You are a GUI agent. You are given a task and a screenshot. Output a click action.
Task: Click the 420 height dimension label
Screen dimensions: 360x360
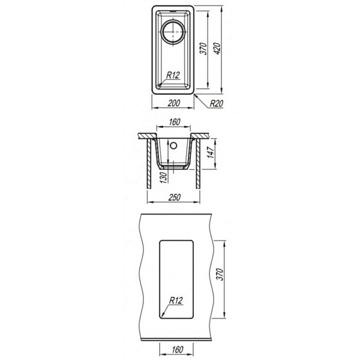pos(217,49)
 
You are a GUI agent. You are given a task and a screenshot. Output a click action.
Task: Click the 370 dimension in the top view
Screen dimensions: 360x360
pos(203,49)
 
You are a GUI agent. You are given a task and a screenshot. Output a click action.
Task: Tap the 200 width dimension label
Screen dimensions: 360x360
pos(174,103)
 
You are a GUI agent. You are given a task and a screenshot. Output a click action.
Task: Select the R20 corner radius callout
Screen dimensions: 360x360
pos(217,104)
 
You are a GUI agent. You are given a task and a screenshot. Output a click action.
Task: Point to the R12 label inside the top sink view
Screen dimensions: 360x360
pos(173,75)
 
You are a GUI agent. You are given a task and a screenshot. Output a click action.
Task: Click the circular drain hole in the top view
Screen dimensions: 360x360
pos(173,32)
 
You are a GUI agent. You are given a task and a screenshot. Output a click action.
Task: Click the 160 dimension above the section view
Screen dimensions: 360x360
pos(175,122)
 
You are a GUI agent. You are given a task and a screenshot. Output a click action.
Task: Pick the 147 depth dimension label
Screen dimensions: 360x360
pos(211,152)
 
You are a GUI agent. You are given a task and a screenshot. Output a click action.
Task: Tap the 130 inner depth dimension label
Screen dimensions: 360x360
pos(163,178)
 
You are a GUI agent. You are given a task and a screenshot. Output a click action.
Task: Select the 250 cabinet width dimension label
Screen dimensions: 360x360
pos(174,197)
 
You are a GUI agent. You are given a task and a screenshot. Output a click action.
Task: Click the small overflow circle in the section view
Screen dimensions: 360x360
pos(173,145)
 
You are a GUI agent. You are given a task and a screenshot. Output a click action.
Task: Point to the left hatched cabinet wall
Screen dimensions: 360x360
pos(149,164)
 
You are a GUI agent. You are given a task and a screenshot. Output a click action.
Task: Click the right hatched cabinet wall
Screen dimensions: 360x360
pos(198,164)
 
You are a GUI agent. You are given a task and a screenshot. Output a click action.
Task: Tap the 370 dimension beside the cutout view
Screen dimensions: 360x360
pos(220,274)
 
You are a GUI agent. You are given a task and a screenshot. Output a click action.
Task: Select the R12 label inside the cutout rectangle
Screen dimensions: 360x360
pos(176,301)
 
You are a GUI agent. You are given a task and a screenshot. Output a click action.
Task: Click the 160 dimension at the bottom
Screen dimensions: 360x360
pos(177,350)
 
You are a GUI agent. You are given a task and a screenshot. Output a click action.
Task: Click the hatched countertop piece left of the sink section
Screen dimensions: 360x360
pos(148,136)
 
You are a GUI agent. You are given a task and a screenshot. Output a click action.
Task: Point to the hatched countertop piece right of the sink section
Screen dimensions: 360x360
pos(200,136)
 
